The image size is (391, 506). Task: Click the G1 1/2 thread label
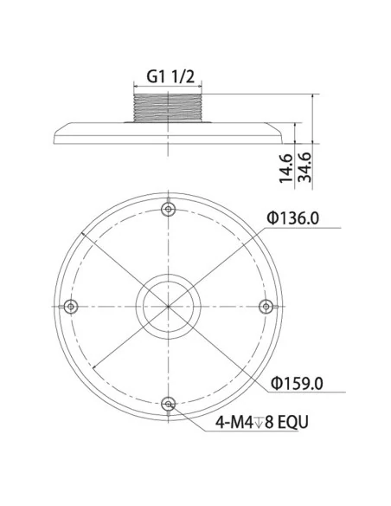[x=168, y=76]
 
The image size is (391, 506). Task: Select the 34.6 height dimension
[x=304, y=165]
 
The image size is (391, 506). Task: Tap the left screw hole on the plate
[x=70, y=305]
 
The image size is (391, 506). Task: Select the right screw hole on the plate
[x=266, y=305]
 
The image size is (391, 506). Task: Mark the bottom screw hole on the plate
[x=168, y=403]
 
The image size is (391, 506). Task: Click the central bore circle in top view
[x=168, y=306]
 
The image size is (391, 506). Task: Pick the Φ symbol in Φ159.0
[x=272, y=381]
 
